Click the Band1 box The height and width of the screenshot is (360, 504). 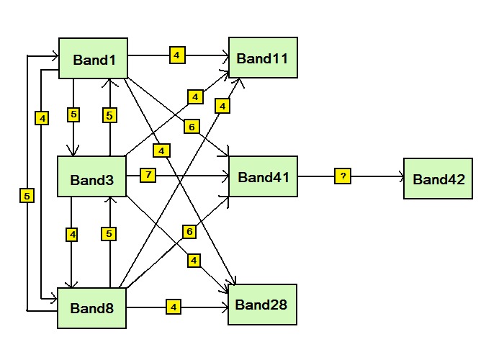click(92, 58)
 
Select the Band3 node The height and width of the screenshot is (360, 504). click(92, 177)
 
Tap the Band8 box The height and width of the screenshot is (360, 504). click(92, 307)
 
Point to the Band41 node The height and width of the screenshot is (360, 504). click(263, 176)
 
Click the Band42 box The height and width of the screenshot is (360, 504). click(437, 177)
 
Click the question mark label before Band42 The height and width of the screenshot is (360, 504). click(343, 176)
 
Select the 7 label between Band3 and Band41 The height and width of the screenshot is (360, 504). click(148, 176)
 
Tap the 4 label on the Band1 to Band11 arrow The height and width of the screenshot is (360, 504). click(177, 54)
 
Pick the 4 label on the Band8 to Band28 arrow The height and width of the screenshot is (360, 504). click(174, 307)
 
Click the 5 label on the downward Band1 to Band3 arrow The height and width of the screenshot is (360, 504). click(73, 114)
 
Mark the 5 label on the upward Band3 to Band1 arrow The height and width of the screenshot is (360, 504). click(109, 114)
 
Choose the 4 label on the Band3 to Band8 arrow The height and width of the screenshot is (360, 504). click(72, 234)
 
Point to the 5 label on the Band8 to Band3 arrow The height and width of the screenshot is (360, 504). click(109, 234)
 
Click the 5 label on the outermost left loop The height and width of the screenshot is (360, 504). click(27, 195)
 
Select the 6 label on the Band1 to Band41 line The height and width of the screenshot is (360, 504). click(191, 127)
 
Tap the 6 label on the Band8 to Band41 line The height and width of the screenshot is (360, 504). click(189, 232)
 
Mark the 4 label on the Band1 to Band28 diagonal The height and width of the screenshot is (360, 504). click(161, 150)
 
